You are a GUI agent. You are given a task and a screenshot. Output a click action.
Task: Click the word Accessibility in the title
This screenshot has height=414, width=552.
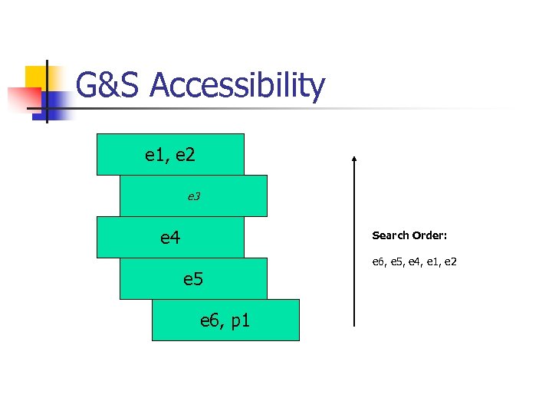coord(238,87)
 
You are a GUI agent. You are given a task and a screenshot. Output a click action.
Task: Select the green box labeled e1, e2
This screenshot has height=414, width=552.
coord(170,155)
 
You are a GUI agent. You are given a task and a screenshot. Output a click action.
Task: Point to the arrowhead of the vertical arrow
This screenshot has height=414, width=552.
coord(353,159)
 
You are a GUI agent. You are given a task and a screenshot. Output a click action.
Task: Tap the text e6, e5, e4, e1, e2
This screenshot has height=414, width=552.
coord(415,262)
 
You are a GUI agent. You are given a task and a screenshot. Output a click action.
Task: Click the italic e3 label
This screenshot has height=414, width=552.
coord(194,197)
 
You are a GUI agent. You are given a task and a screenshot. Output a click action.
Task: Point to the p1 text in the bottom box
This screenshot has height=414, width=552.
coord(239,320)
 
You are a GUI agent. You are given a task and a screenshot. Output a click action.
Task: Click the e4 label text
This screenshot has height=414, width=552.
coord(170,238)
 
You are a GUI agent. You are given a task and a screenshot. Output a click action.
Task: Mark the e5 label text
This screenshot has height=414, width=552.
coord(193,279)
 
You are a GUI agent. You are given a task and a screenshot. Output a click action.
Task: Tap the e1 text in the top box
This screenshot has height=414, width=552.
coord(156,155)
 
